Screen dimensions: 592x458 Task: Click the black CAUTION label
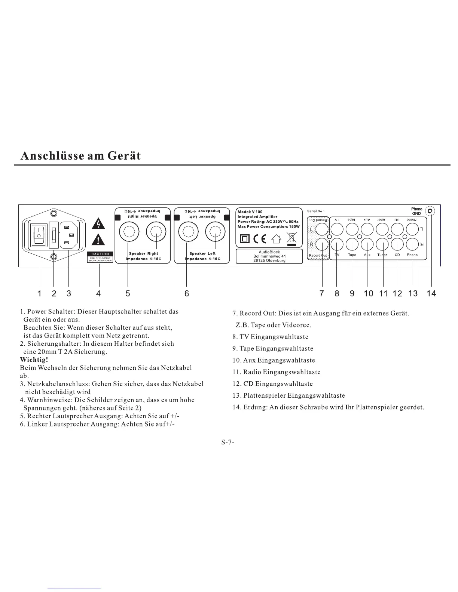pyautogui.click(x=100, y=254)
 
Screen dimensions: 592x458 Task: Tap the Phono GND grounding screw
pyautogui.click(x=430, y=211)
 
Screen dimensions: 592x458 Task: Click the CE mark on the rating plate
pyautogui.click(x=259, y=238)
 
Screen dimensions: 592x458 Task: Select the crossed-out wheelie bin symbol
pyautogui.click(x=291, y=238)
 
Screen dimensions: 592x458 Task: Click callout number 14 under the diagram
pyautogui.click(x=431, y=294)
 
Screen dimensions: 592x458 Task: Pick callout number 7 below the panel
pyautogui.click(x=321, y=294)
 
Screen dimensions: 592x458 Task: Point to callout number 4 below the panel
pyautogui.click(x=98, y=294)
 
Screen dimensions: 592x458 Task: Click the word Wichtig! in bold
pyautogui.click(x=34, y=360)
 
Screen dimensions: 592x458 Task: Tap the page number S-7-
pyautogui.click(x=228, y=443)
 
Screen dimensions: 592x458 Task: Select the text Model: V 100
pyautogui.click(x=250, y=212)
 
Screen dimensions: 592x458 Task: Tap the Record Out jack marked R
pyautogui.click(x=321, y=244)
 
